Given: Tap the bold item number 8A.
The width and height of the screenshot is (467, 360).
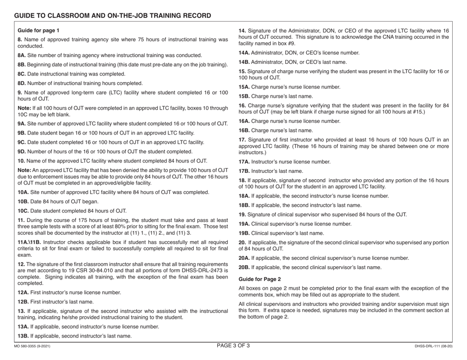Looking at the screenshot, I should point(23,55).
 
